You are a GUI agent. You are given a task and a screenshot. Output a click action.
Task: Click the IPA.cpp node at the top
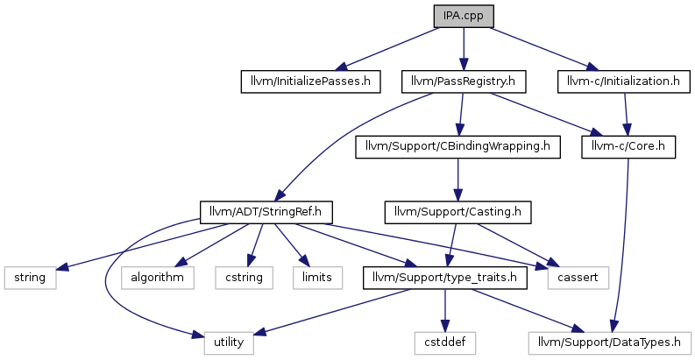[x=464, y=17]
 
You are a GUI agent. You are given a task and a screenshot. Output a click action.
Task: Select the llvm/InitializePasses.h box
[x=311, y=81]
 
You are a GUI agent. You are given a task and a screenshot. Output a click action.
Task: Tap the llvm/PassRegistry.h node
[x=464, y=81]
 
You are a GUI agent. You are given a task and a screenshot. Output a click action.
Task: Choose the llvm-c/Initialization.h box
[x=624, y=81]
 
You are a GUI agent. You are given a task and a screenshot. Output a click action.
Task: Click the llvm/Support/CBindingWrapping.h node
[x=457, y=146]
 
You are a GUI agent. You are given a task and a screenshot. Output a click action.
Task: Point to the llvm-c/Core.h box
[x=628, y=146]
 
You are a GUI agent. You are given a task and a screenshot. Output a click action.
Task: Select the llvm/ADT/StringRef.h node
[x=266, y=212]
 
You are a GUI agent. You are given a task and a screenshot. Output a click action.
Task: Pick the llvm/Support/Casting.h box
[x=457, y=212]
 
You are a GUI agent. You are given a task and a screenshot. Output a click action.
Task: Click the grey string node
[x=30, y=278]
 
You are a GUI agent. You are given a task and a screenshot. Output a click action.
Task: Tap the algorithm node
[x=158, y=278]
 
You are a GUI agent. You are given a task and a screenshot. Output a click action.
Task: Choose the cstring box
[x=245, y=278]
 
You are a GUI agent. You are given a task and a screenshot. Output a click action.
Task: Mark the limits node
[x=317, y=278]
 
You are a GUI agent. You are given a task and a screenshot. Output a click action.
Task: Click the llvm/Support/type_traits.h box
[x=445, y=278]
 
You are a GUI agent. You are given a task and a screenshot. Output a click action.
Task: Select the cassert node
[x=578, y=278]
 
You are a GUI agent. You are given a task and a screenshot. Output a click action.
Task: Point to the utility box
[x=229, y=342]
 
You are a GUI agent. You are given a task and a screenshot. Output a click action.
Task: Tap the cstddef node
[x=445, y=342]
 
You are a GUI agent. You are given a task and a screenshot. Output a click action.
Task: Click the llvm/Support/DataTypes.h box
[x=609, y=342]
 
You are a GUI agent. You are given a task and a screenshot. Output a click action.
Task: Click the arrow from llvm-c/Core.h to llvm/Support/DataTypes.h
[x=621, y=245]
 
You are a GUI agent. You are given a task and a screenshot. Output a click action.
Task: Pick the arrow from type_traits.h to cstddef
[x=445, y=310]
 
